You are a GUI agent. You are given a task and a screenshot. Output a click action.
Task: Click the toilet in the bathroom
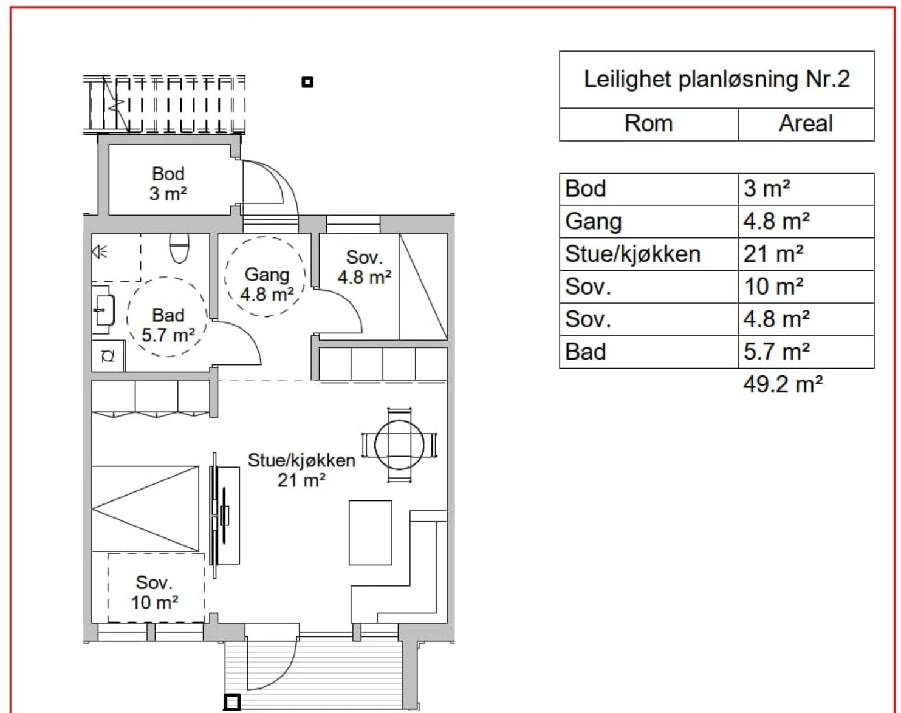(179, 248)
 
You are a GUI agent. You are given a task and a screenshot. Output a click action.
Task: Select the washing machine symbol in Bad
(108, 356)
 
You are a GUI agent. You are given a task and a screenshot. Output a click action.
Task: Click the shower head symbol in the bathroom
(99, 251)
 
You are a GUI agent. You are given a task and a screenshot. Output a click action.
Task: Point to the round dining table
(399, 445)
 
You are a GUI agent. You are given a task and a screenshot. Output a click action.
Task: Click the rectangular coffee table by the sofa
(370, 533)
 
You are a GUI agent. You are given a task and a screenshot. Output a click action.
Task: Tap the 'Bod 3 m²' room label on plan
(168, 183)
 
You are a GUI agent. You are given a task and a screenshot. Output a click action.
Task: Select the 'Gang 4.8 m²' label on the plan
(267, 284)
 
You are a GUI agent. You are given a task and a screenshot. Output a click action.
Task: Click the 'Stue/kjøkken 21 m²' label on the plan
(301, 470)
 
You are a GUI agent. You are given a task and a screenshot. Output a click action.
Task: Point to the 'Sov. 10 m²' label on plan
(154, 592)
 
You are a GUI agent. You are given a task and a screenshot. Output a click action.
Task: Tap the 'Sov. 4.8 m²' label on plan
(364, 267)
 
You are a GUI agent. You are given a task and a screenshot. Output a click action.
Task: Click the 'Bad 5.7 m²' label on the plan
(168, 325)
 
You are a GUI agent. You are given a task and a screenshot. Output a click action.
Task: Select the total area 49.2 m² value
(783, 384)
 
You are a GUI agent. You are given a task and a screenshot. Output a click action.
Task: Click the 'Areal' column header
(806, 124)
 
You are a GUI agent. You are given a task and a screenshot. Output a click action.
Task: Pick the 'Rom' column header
(648, 124)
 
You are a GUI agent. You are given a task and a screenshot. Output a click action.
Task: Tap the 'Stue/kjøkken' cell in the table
(632, 254)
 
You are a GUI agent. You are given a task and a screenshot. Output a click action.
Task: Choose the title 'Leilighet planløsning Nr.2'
(716, 80)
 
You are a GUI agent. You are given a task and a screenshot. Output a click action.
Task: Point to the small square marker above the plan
(307, 82)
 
